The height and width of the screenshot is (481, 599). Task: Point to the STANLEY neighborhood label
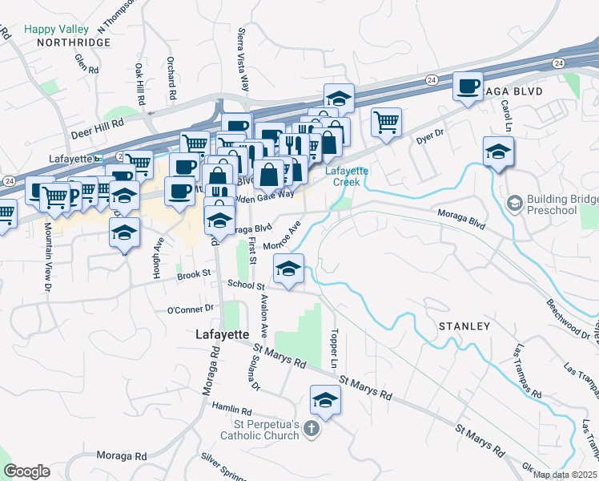tap(464, 326)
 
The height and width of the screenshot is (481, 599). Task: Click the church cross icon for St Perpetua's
tap(312, 430)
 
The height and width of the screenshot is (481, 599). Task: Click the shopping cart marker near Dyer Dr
tap(386, 123)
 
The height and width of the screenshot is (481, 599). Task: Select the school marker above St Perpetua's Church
tap(325, 400)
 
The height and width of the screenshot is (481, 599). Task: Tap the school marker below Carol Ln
tap(498, 152)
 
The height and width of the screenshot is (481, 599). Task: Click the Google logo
tap(27, 471)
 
